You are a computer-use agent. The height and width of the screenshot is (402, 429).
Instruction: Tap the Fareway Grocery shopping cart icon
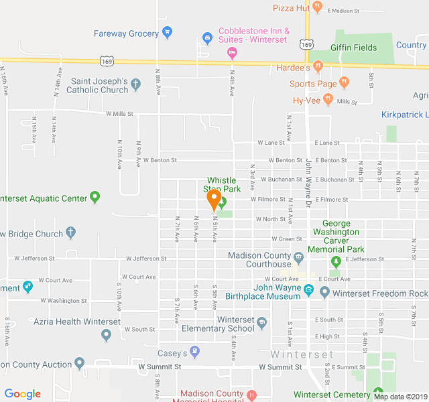[x=168, y=31]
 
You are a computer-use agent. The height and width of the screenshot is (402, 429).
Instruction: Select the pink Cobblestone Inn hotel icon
[x=232, y=52]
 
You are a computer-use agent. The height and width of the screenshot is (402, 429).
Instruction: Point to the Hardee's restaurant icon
[x=318, y=67]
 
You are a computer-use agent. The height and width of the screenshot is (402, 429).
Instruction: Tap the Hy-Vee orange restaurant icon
[x=328, y=100]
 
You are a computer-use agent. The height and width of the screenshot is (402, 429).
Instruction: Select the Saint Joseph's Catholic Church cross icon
[x=136, y=84]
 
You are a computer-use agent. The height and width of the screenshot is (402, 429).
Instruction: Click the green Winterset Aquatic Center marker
[x=95, y=198]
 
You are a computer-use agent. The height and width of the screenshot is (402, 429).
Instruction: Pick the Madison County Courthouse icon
[x=298, y=257]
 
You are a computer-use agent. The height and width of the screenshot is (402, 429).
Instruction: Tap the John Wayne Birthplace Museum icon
[x=308, y=290]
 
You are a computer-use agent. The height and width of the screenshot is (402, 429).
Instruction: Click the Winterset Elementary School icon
[x=261, y=324]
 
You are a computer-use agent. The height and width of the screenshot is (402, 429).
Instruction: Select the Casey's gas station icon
[x=194, y=352]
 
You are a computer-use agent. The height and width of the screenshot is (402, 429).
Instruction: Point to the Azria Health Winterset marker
[x=106, y=335]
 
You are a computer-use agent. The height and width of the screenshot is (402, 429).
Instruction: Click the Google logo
[x=22, y=394]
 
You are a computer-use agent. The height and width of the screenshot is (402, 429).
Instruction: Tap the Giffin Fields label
[x=353, y=48]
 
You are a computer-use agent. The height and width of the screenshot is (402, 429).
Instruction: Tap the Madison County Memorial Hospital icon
[x=251, y=395]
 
